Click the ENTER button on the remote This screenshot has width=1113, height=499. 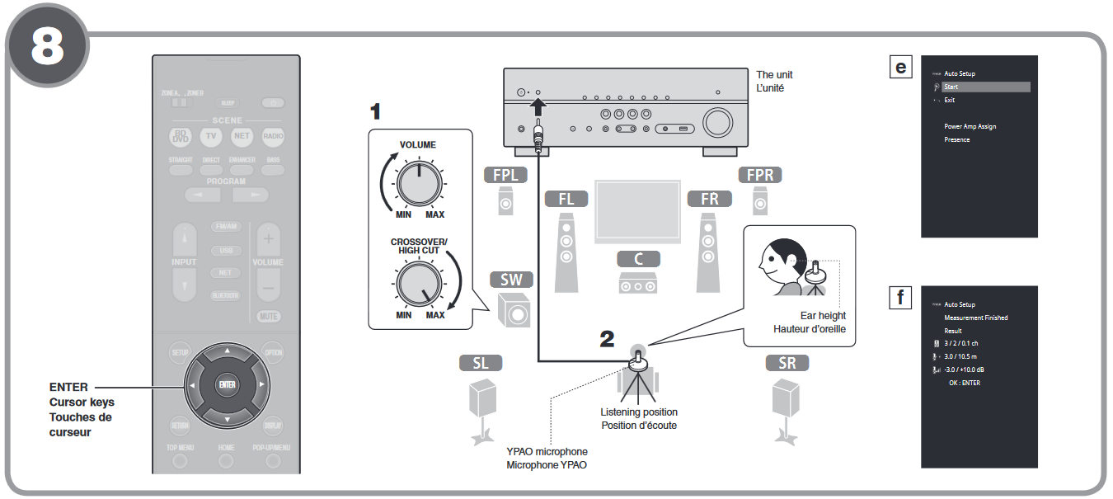click(228, 384)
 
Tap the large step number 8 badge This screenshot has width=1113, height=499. click(47, 47)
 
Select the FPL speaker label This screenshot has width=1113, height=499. click(505, 176)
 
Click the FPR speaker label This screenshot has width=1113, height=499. click(759, 176)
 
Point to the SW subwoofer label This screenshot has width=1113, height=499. click(511, 280)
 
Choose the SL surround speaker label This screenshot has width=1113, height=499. click(481, 363)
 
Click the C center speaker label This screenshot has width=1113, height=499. click(638, 259)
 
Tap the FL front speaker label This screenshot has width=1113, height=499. click(566, 199)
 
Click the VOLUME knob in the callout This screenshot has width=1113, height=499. click(419, 184)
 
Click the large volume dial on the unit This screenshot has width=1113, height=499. click(717, 122)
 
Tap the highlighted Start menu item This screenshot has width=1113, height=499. click(986, 87)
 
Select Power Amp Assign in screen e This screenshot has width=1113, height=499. click(970, 126)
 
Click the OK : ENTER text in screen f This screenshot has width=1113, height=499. click(965, 383)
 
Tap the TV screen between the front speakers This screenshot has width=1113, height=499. click(637, 211)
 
